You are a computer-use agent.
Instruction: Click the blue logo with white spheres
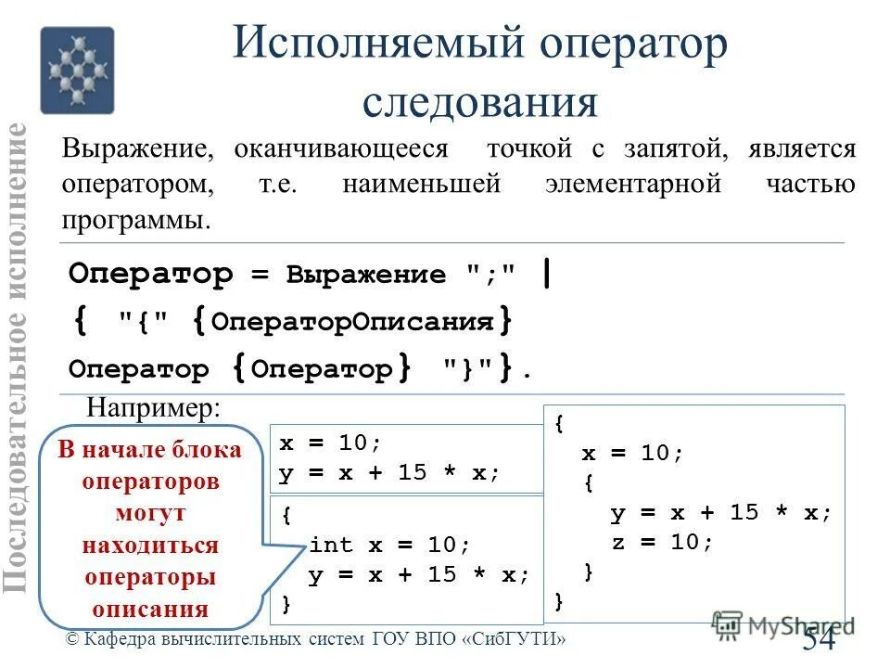[x=77, y=71]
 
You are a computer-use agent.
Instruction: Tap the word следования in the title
[x=479, y=101]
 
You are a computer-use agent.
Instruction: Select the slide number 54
[x=819, y=637]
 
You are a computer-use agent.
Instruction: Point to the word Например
[x=154, y=407]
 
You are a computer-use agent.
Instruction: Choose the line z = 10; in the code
[x=662, y=542]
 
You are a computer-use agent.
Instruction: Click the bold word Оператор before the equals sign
[x=151, y=275]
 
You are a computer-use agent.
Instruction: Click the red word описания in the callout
[x=149, y=609]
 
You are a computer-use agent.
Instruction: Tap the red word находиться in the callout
[x=149, y=545]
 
